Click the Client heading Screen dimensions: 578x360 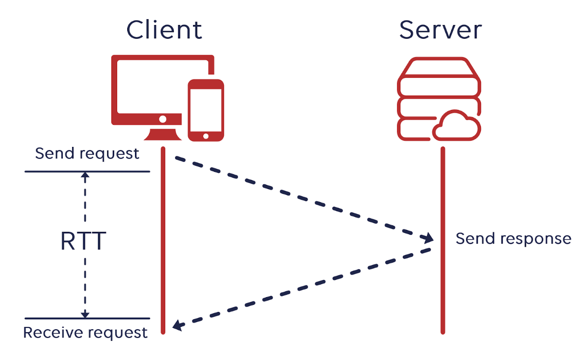164,30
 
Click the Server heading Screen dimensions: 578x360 441,30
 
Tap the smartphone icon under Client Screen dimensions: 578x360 205,110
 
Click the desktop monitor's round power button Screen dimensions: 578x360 163,119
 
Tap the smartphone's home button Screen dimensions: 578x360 205,136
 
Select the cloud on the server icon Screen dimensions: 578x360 456,126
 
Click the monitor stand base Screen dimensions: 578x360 163,134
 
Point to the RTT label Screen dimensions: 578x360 83,241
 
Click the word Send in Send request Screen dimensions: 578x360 55,154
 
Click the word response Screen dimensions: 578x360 536,239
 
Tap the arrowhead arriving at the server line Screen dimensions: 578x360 427,238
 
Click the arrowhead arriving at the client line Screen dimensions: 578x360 178,325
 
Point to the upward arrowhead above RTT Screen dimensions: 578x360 85,175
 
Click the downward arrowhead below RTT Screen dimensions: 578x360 85,315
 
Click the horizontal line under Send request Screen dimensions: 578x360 87,171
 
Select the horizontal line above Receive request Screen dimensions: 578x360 87,318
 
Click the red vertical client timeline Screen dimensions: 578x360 163,240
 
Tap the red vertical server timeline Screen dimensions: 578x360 443,240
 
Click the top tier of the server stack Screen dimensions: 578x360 439,67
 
